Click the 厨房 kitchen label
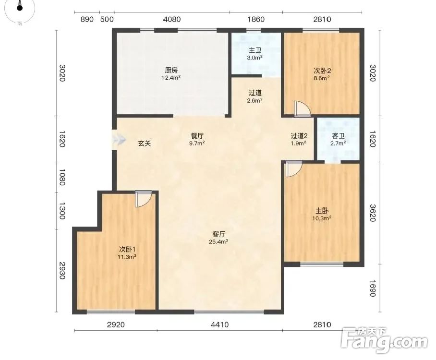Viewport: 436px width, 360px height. coord(171,71)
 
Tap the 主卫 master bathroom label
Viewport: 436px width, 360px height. coord(255,50)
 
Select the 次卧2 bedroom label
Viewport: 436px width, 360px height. coord(322,71)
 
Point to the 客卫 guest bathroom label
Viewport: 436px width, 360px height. coord(338,136)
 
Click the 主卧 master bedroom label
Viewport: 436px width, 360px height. coord(322,211)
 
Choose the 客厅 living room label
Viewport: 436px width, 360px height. coord(218,234)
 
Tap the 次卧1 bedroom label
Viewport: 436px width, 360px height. coord(127,249)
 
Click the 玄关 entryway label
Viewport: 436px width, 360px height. coord(145,144)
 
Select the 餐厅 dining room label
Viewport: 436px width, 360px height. coord(197,136)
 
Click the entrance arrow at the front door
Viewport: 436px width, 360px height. coord(119,139)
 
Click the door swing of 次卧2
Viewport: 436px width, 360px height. coord(302,109)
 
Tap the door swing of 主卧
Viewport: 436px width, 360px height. coord(294,169)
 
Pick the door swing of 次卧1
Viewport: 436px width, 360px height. coord(144,199)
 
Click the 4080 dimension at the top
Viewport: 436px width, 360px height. coord(172,20)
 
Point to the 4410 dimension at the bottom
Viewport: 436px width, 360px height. coord(219,324)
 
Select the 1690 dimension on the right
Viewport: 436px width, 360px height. coord(373,288)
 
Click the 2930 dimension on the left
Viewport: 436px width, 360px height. coord(62,271)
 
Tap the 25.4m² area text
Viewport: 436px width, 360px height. coord(218,242)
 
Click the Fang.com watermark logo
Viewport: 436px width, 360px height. coord(384,341)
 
